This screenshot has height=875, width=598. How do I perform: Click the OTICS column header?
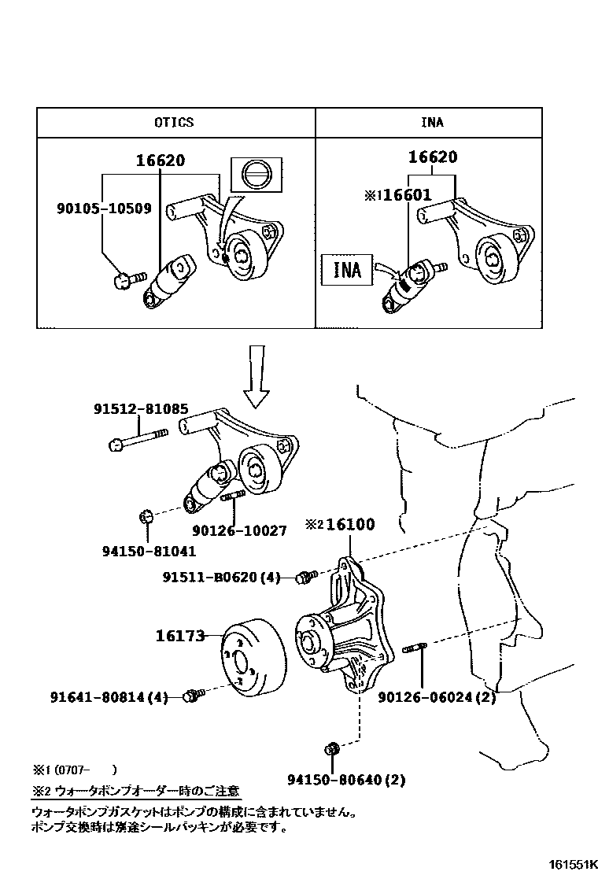point(174,122)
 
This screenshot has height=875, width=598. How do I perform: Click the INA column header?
point(432,122)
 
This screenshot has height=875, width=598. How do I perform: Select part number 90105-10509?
point(104,209)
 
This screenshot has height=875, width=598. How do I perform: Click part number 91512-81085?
point(141,410)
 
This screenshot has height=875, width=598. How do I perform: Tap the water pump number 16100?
point(350,525)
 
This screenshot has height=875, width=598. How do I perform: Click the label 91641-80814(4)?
point(109,696)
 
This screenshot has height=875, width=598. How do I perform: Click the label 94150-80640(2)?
point(345,780)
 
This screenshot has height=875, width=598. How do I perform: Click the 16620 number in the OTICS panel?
point(160,161)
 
